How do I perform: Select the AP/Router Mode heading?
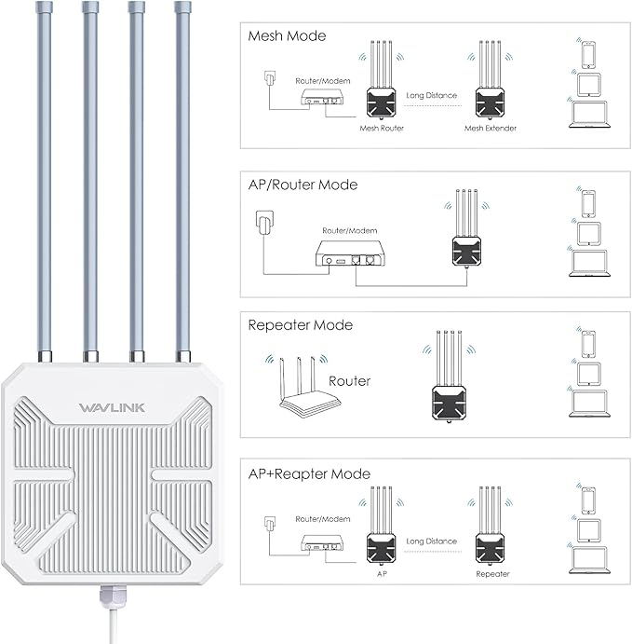303,185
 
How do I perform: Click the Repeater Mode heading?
300,325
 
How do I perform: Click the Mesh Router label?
382,128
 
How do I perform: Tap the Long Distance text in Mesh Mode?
434,95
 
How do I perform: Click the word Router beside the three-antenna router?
349,381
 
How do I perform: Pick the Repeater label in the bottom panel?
492,574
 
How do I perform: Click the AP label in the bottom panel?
382,574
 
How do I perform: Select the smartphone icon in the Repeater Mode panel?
587,345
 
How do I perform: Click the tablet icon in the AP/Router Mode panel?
587,232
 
